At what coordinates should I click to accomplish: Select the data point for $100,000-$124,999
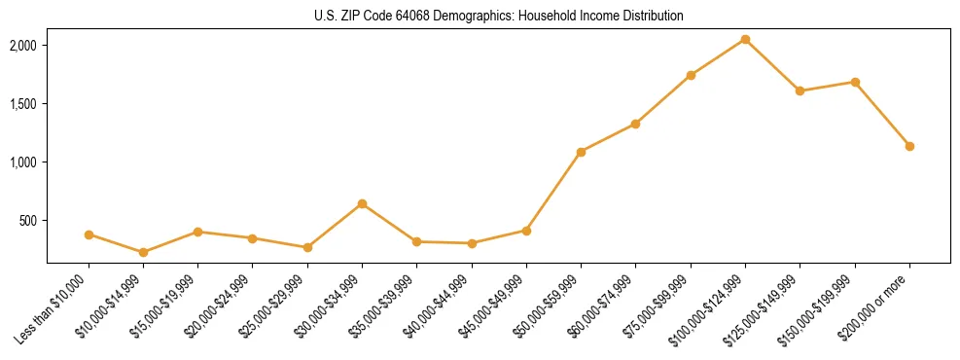pyautogui.click(x=745, y=39)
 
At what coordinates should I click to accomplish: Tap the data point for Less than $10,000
pyautogui.click(x=89, y=234)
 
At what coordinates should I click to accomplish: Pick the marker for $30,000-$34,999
pyautogui.click(x=362, y=203)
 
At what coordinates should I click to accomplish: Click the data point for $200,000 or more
pyautogui.click(x=909, y=146)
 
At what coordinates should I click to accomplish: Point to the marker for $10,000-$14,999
pyautogui.click(x=143, y=252)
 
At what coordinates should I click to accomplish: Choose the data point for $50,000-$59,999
pyautogui.click(x=581, y=152)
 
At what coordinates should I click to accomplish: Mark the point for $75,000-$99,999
pyautogui.click(x=691, y=75)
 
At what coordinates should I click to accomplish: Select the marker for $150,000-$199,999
pyautogui.click(x=855, y=82)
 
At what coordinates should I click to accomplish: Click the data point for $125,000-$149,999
pyautogui.click(x=800, y=90)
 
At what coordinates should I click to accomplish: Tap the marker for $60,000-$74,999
pyautogui.click(x=635, y=124)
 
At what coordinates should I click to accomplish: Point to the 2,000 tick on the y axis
pyautogui.click(x=23, y=46)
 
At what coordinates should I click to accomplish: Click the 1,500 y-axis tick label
pyautogui.click(x=23, y=104)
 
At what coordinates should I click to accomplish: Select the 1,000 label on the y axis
pyautogui.click(x=23, y=162)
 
